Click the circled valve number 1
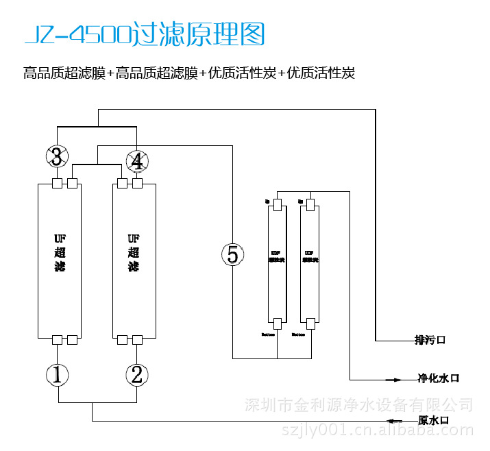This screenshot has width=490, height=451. [58, 374]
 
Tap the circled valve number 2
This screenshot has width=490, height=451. [137, 374]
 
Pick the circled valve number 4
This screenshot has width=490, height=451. [137, 162]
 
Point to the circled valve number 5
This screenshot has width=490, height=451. [233, 255]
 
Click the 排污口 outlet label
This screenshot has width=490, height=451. [430, 340]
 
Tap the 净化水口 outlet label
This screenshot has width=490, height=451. [439, 378]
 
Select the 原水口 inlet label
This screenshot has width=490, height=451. [433, 420]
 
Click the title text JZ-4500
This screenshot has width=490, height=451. [76, 34]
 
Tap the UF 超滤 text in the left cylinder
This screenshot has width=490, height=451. [60, 252]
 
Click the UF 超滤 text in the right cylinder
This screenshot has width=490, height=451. [134, 252]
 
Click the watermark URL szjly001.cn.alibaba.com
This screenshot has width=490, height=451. [378, 430]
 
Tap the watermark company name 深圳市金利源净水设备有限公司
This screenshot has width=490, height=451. [359, 404]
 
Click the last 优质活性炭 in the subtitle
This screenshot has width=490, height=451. [321, 73]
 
